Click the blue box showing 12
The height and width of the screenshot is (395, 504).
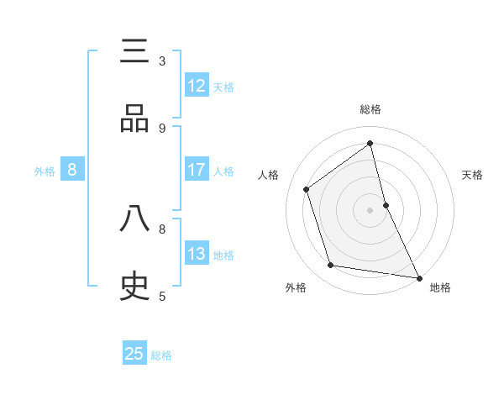point(197,86)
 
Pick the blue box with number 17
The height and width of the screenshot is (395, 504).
point(197,171)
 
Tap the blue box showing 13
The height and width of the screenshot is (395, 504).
point(197,254)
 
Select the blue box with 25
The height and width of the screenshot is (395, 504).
point(134,354)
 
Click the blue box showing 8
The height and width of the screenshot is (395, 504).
point(72,171)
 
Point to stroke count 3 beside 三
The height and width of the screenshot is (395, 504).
point(162,61)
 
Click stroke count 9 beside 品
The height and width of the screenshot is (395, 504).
point(162,129)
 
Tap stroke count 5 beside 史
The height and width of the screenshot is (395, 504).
point(162,297)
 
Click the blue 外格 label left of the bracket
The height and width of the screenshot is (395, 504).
point(45,171)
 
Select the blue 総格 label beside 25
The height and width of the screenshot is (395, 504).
point(161,355)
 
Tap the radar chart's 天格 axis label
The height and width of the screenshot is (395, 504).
point(472,175)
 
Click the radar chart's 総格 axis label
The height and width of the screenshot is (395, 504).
point(370,109)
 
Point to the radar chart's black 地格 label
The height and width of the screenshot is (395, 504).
point(440,287)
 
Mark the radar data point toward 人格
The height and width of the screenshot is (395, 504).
point(307,189)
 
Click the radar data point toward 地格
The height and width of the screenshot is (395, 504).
point(417,276)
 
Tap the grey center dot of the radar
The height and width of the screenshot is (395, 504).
point(370,209)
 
